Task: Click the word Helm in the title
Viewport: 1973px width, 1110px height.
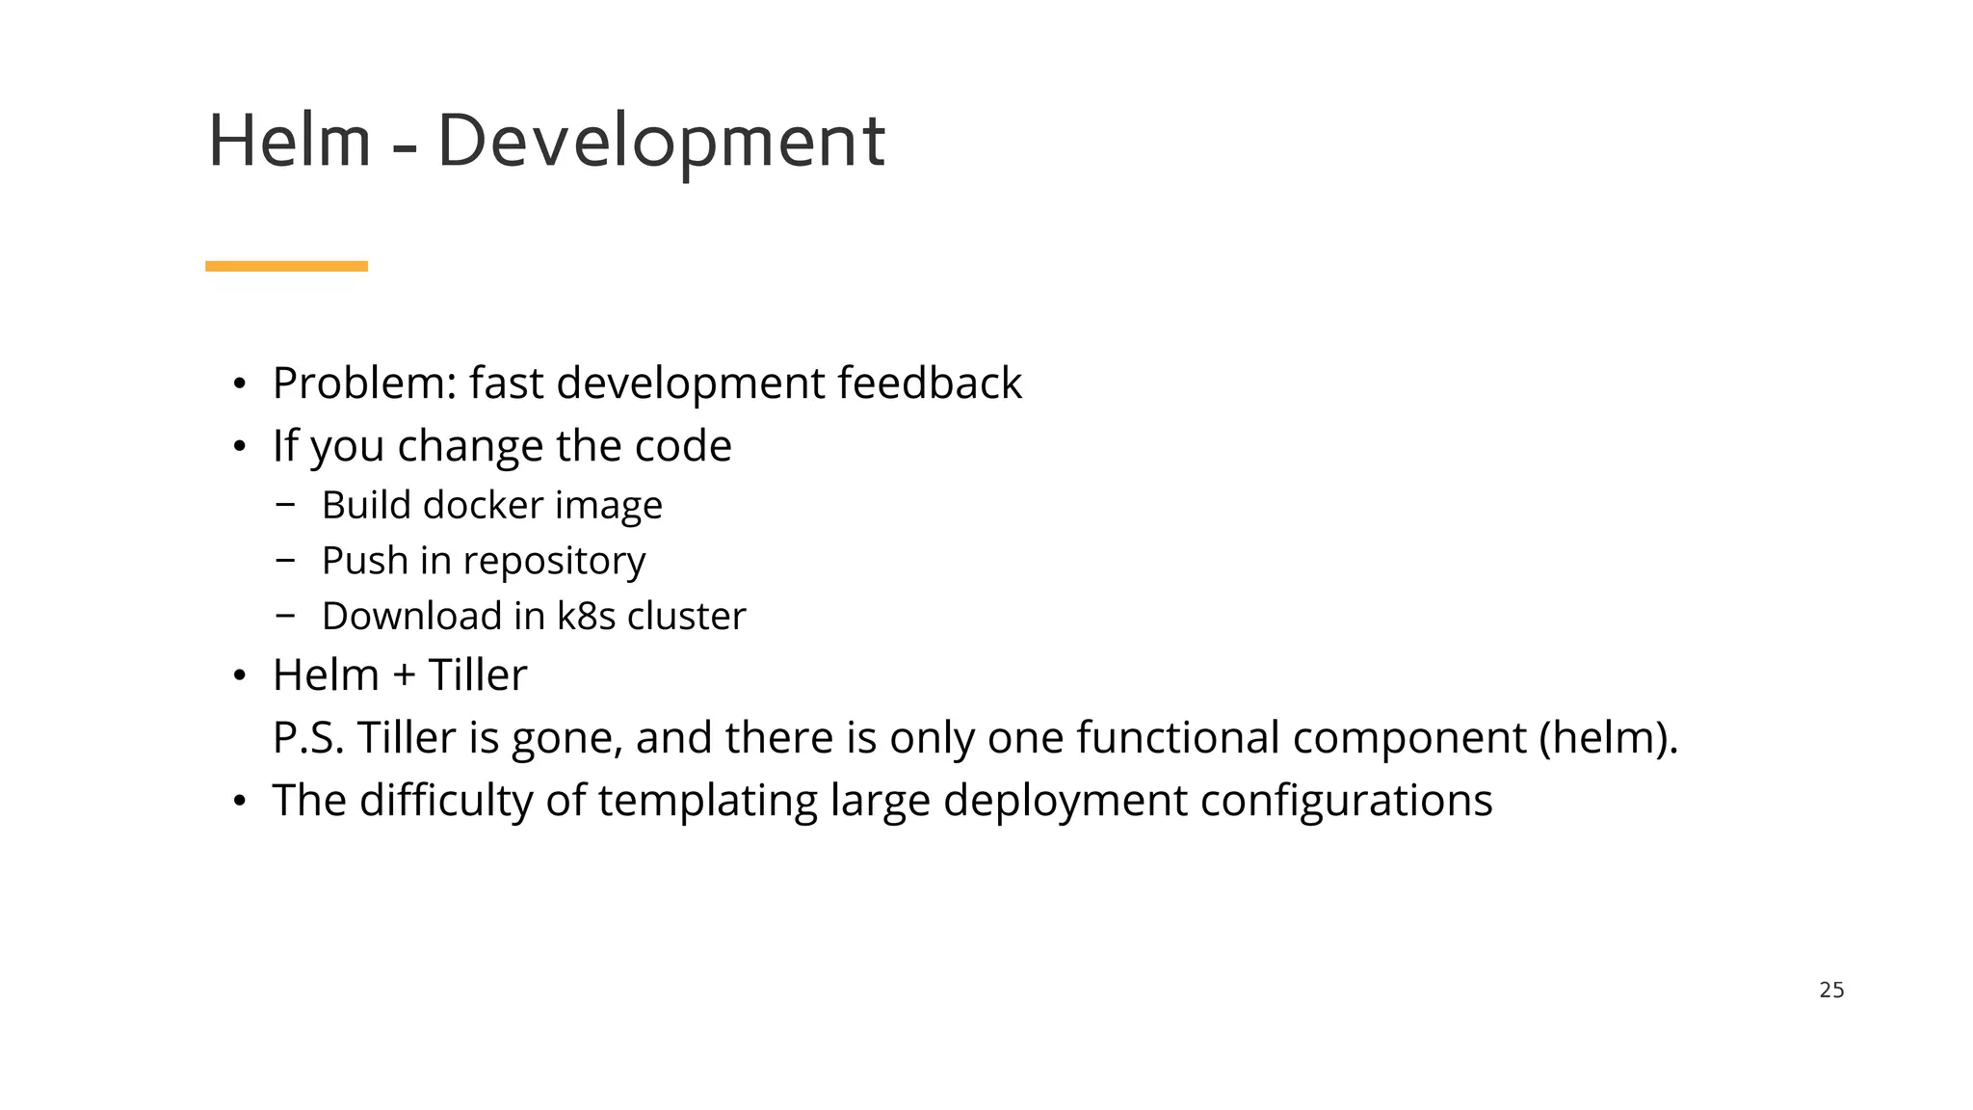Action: pos(289,142)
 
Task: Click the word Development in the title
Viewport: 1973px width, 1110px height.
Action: pos(661,142)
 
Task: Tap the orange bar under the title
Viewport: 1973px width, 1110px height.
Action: pos(286,266)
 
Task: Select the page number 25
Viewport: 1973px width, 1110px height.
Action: pos(1831,990)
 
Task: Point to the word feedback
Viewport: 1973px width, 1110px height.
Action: pos(929,383)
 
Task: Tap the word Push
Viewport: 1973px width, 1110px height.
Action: pos(364,561)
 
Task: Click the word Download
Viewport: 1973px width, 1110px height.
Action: pos(411,617)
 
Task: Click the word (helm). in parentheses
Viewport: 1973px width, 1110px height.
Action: pos(1608,738)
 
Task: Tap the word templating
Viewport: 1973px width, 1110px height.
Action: pos(707,801)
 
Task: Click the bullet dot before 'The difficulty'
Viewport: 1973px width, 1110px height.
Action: pos(240,801)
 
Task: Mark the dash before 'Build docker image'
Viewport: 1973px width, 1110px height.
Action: pos(284,503)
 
